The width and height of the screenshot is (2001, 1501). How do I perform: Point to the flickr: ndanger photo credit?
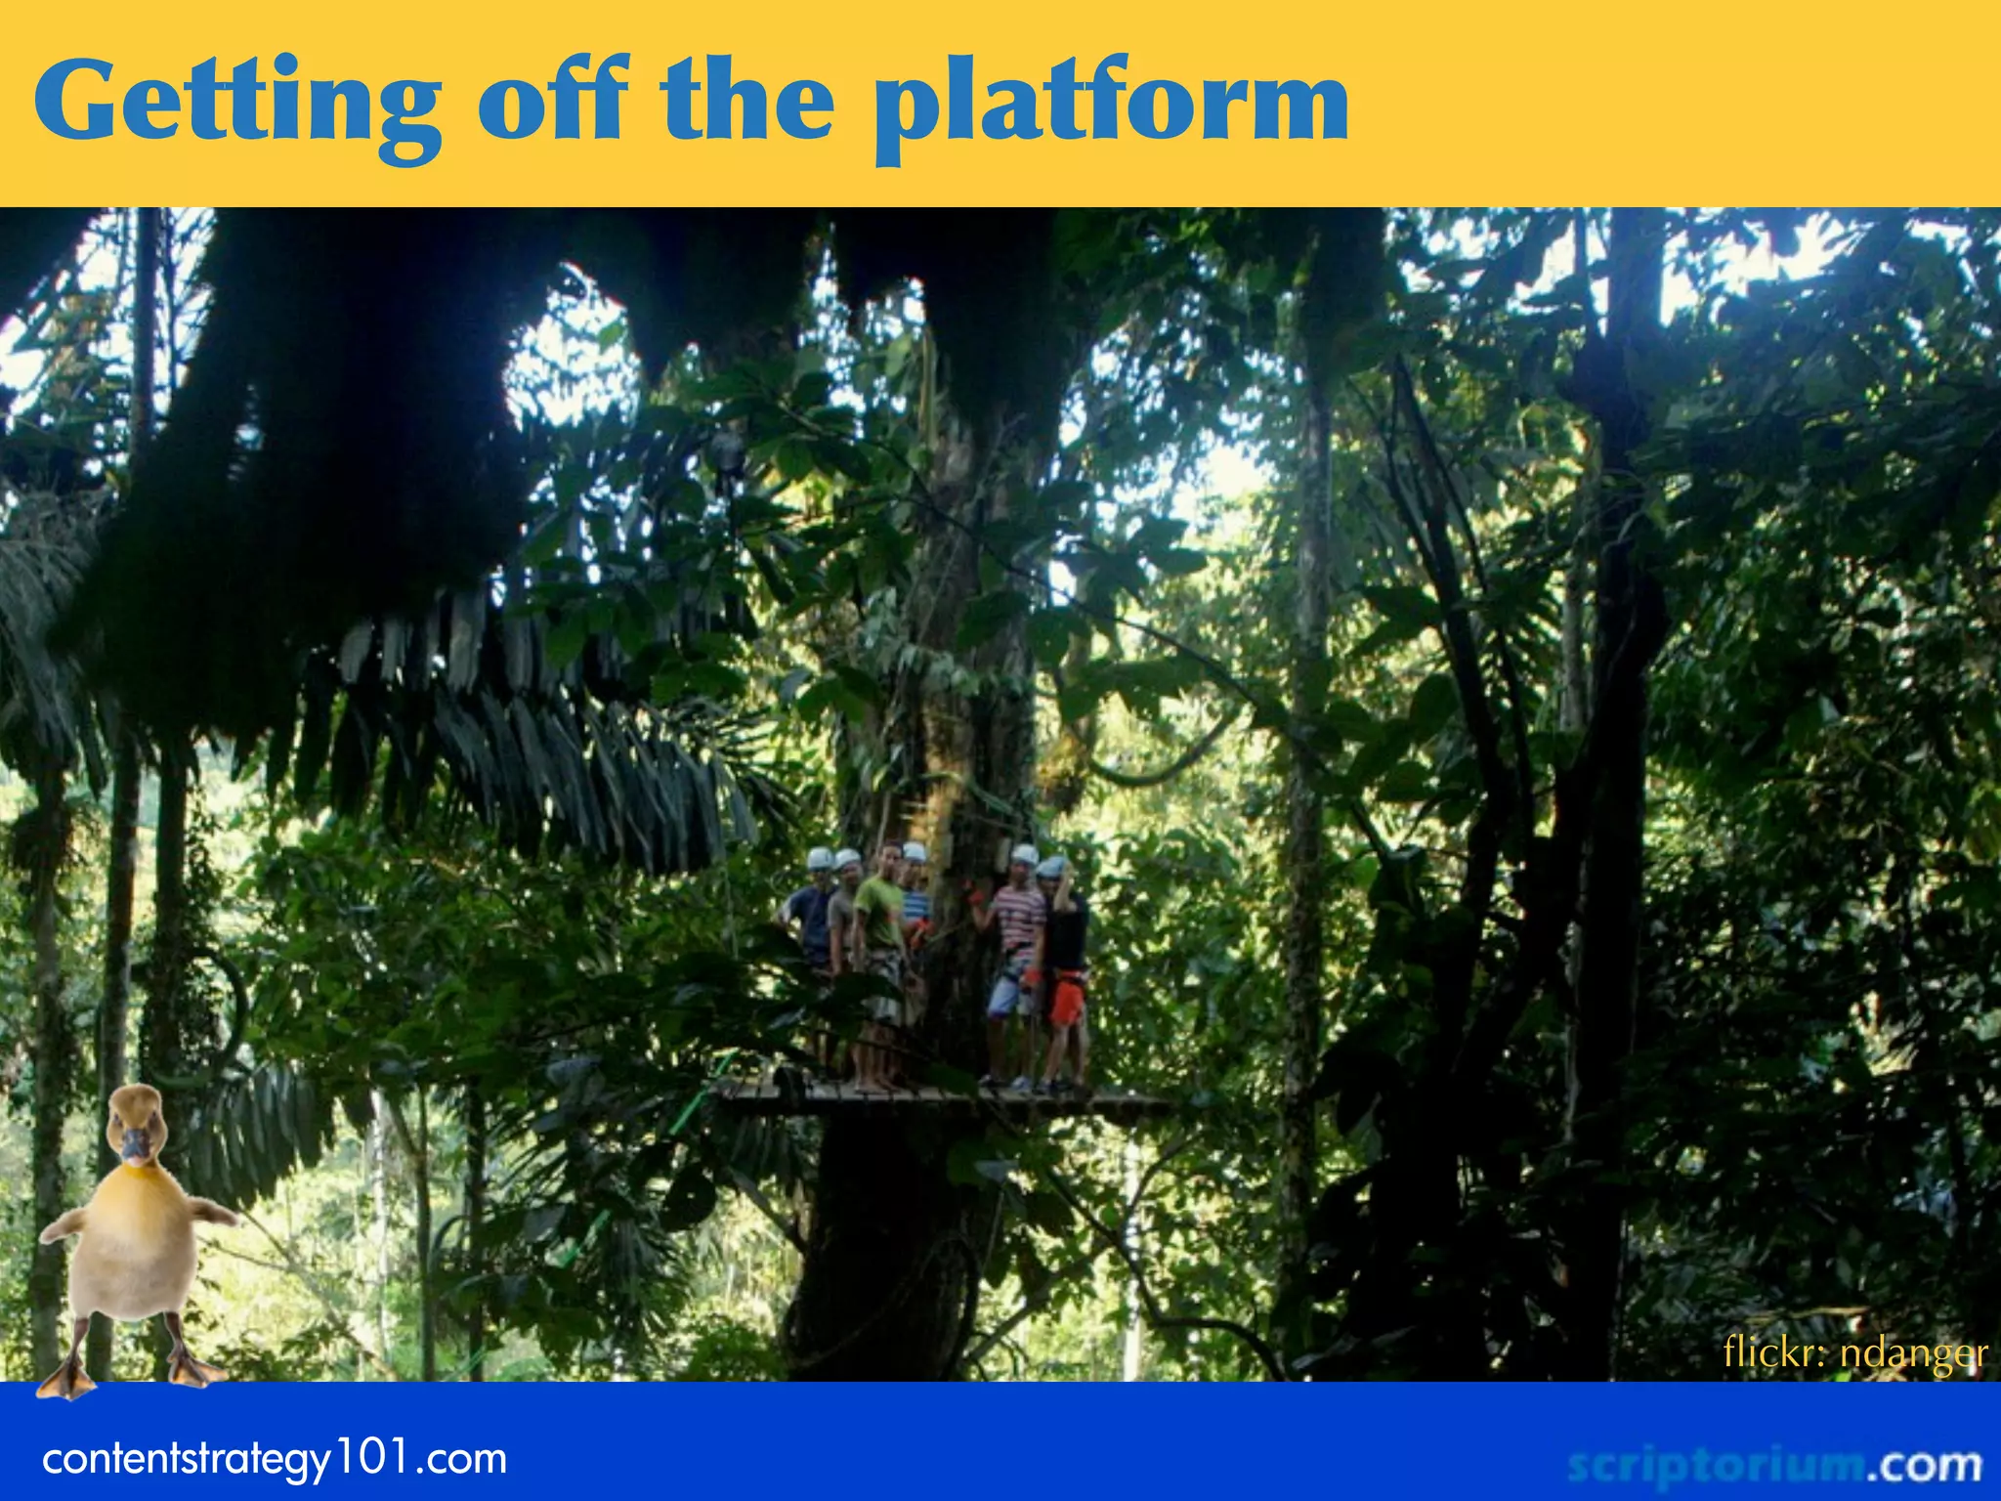click(1854, 1353)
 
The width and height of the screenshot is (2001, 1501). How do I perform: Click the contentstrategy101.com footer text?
click(275, 1459)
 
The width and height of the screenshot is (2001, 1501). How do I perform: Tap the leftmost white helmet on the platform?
click(820, 859)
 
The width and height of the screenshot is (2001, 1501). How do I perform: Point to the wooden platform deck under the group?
click(938, 1099)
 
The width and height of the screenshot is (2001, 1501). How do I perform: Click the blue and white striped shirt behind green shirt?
click(915, 904)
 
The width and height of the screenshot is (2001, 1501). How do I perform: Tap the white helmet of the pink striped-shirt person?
click(1024, 855)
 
